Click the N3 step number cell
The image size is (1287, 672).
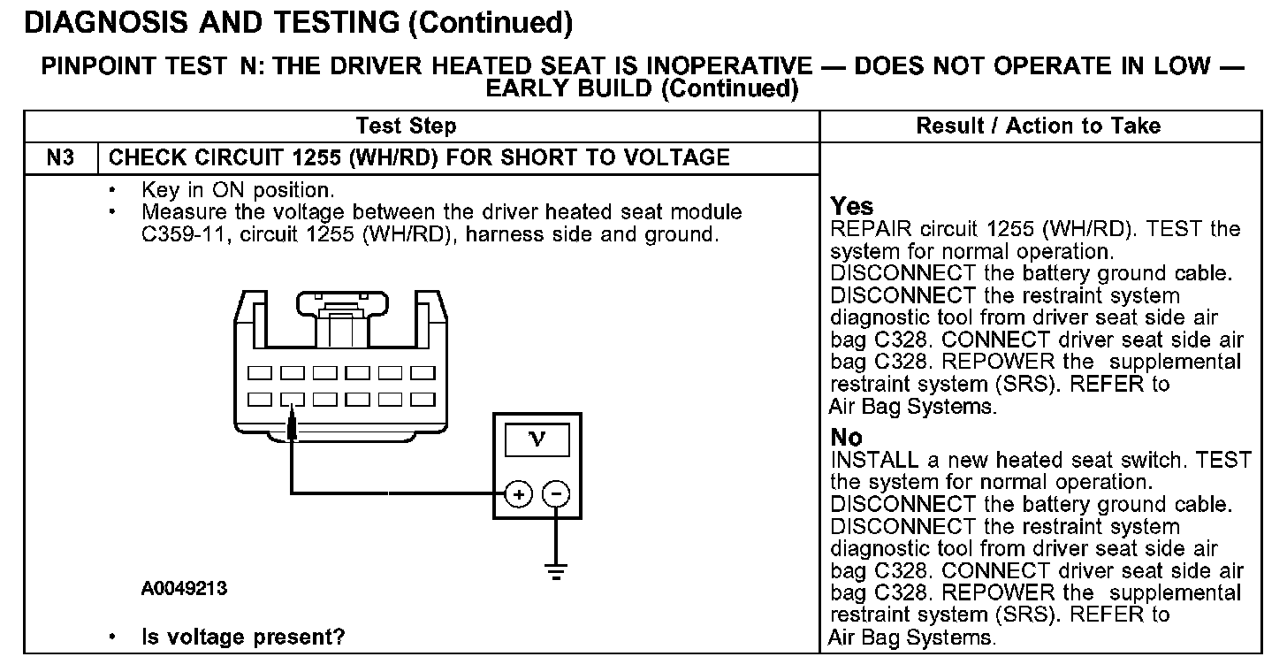tap(61, 158)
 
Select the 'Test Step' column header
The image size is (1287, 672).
tap(406, 126)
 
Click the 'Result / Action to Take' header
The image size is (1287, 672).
tap(1039, 126)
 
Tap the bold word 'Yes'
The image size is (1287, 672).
tap(852, 207)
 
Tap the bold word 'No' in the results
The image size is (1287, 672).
tap(847, 438)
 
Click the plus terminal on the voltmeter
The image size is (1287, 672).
tap(519, 494)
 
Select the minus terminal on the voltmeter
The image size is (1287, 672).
tap(555, 494)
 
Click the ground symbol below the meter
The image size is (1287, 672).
tap(555, 571)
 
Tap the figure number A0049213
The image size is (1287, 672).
tap(184, 589)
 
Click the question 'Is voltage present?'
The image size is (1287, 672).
tap(243, 637)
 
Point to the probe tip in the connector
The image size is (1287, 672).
tap(293, 428)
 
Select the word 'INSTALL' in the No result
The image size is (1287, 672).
tap(865, 461)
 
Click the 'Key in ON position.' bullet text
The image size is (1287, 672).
tap(237, 190)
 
